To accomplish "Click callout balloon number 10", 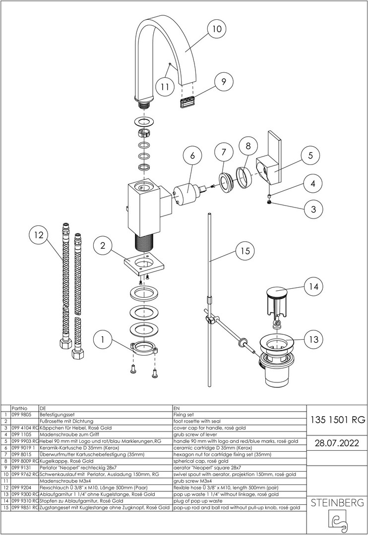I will [217, 29].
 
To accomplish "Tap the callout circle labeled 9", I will [224, 81].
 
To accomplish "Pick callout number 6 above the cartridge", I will [192, 156].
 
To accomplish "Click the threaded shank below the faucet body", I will [144, 243].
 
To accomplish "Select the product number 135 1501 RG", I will [337, 420].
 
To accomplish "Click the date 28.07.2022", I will [337, 442].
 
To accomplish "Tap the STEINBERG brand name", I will [337, 503].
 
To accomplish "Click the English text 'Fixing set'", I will [184, 414].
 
